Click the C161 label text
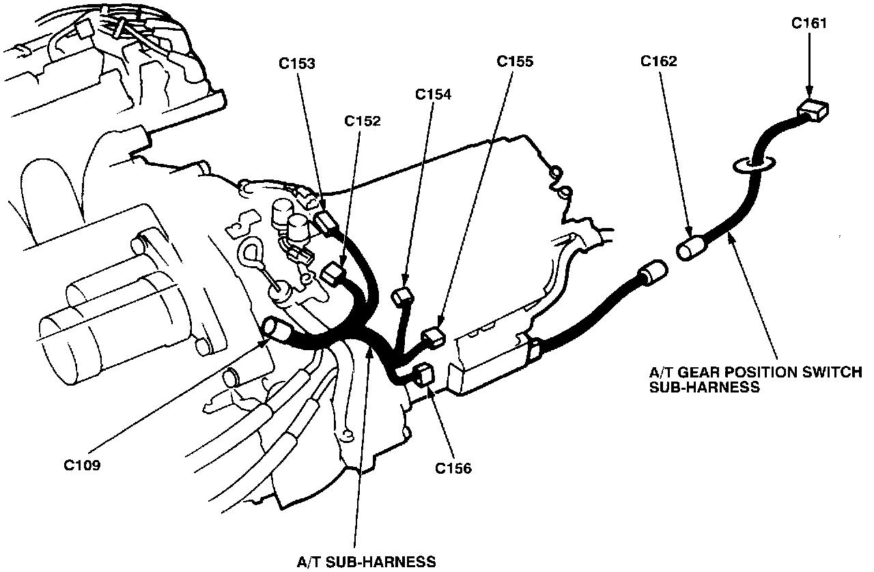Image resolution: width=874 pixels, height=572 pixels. click(808, 23)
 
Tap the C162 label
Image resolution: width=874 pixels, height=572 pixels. click(659, 61)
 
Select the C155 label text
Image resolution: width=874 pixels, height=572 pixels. click(515, 61)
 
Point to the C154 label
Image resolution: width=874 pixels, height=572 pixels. click(433, 94)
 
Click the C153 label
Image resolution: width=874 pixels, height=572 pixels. click(297, 63)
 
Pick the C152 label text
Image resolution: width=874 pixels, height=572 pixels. click(363, 121)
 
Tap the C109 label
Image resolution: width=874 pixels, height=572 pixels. click(83, 466)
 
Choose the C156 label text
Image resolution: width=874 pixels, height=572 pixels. click(453, 469)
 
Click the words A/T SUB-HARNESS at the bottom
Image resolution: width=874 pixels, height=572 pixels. click(366, 562)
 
